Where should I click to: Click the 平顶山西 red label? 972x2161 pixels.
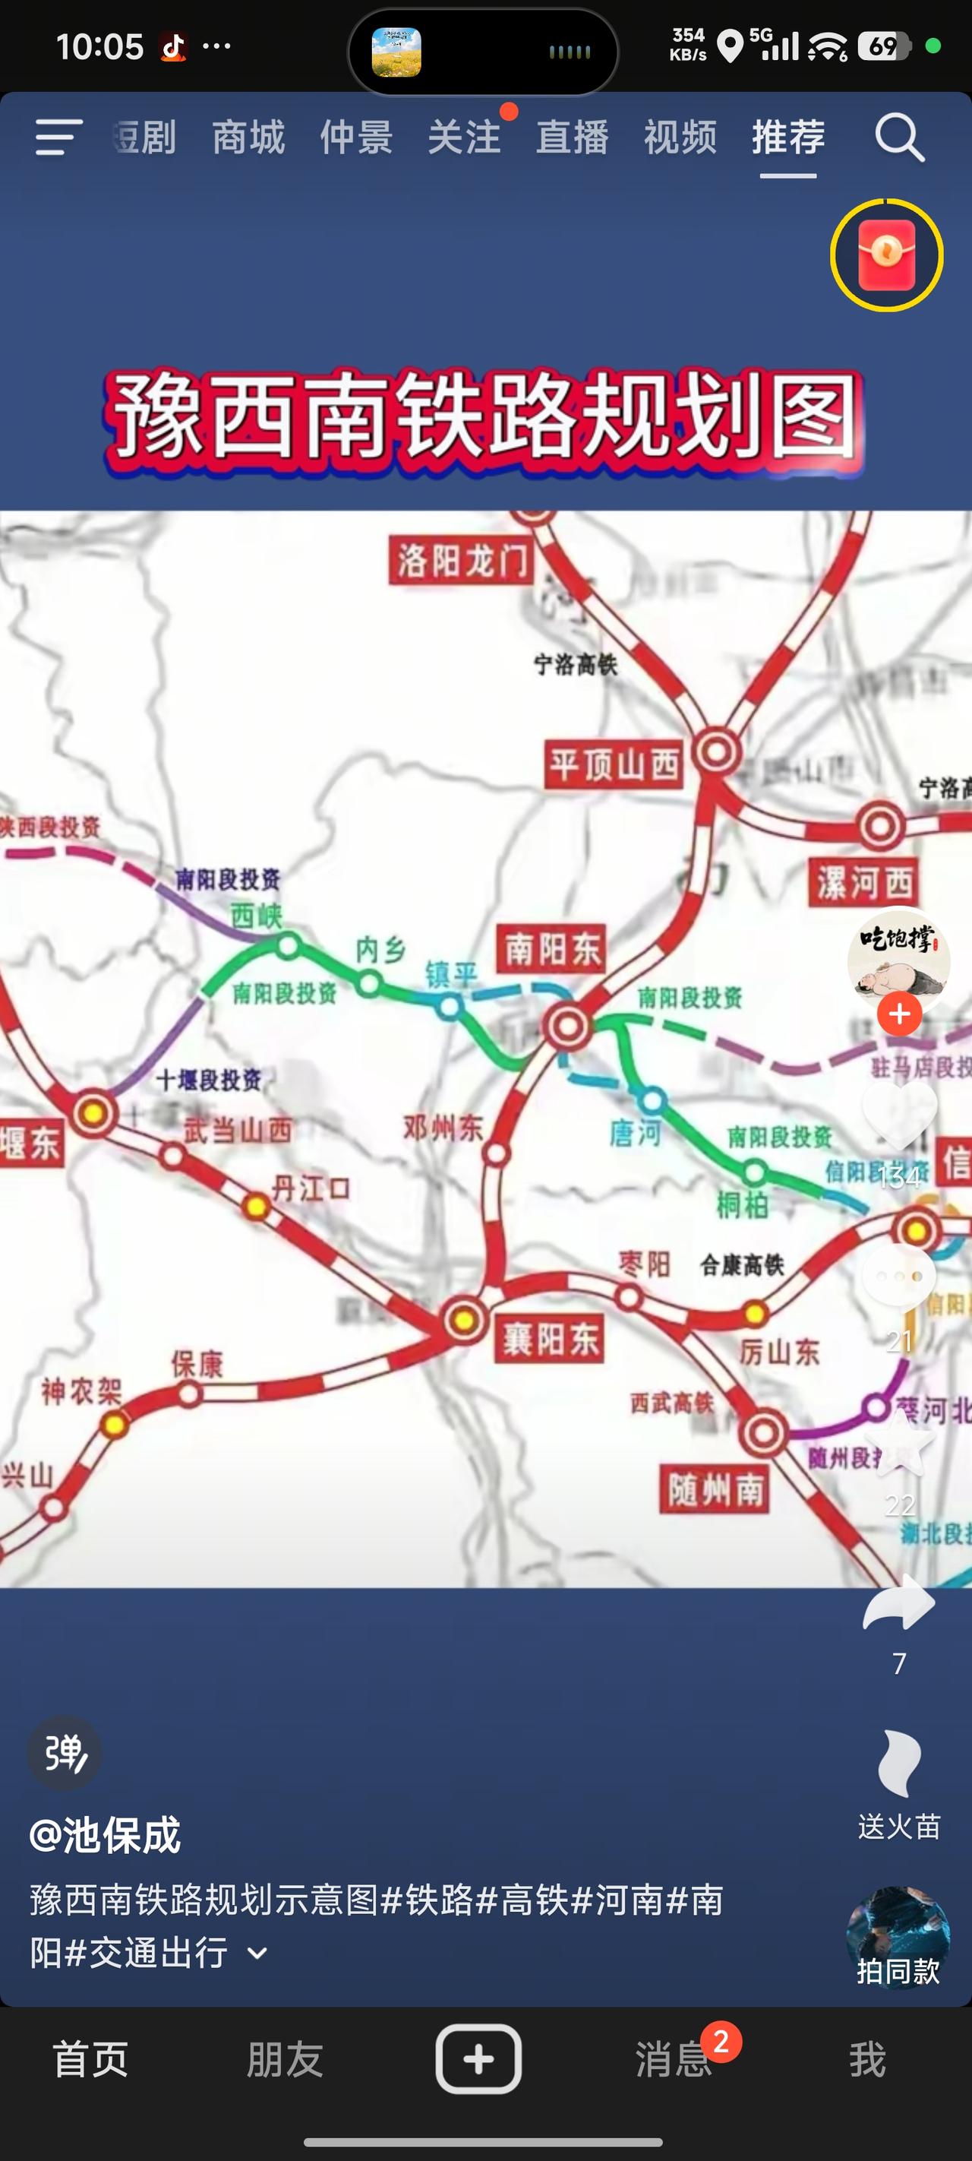pos(614,764)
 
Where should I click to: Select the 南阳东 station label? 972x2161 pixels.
pos(552,949)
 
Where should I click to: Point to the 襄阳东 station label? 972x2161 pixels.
pos(550,1338)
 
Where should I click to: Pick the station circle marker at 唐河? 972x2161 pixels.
pos(652,1099)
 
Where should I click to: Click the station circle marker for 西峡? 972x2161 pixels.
pos(288,945)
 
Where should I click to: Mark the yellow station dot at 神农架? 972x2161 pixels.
pos(114,1425)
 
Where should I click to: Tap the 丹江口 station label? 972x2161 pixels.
pos(311,1188)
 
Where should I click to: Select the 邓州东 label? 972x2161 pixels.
pos(443,1128)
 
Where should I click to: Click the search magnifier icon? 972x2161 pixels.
pos(899,138)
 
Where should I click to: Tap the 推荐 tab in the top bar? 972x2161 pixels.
pos(788,138)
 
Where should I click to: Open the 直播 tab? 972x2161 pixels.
pos(572,138)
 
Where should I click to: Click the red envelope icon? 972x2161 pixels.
pos(886,255)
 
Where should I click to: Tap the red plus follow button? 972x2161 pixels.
pos(899,1014)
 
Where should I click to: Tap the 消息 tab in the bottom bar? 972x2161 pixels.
pos(674,2059)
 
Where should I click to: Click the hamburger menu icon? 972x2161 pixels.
pos(58,138)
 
